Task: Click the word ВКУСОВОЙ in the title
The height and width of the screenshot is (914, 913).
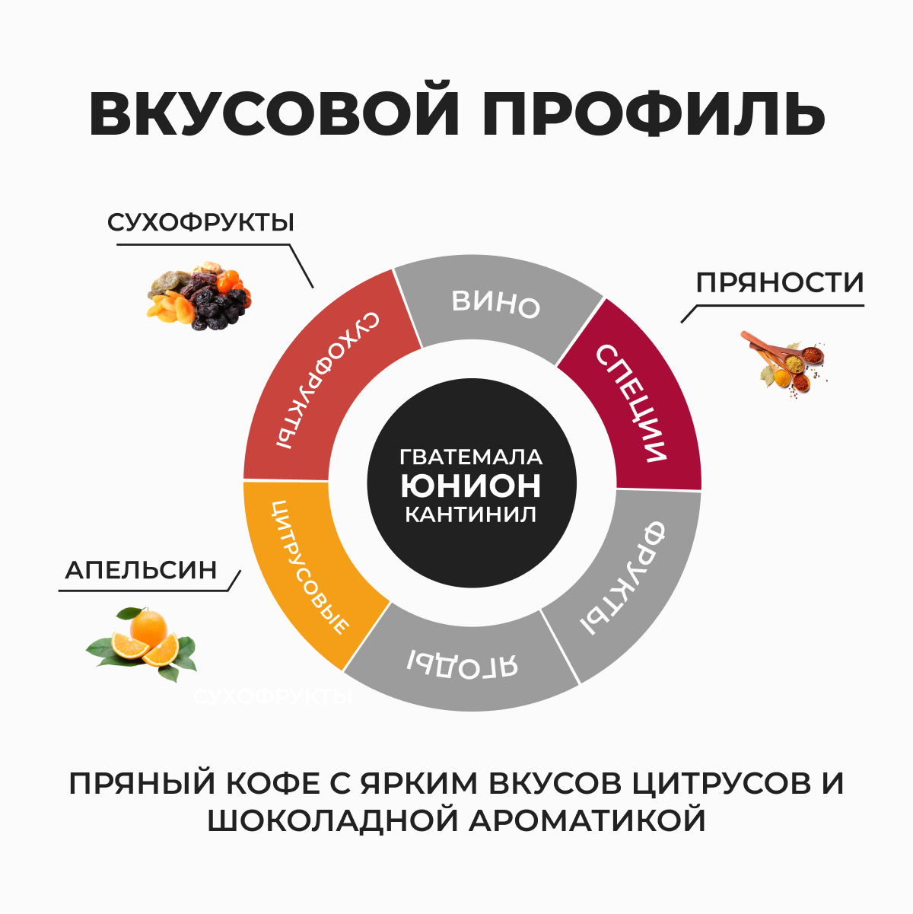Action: [273, 115]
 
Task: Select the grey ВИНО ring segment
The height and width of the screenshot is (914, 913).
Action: [496, 304]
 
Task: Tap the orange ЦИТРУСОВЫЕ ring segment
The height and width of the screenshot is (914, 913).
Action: [309, 567]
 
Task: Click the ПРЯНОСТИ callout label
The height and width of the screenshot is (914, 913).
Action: [780, 283]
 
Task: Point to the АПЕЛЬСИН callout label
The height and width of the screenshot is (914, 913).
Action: [142, 570]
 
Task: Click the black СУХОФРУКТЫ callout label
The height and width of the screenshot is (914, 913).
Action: [201, 223]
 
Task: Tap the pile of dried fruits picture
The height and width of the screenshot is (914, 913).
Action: [199, 296]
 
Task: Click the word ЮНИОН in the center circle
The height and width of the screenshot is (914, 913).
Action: [471, 485]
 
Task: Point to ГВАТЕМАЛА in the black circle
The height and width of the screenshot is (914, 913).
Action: [471, 457]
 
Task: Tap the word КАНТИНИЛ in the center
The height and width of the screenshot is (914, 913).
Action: [471, 514]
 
